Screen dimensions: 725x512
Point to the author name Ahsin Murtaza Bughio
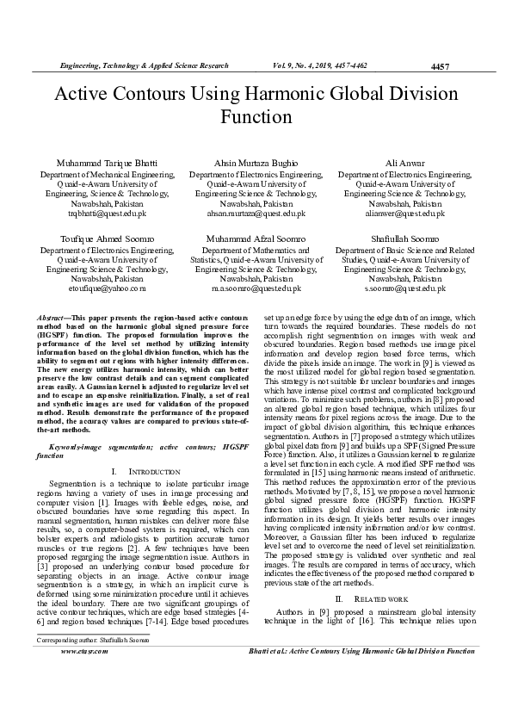(257, 163)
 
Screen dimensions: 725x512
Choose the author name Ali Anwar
(404, 163)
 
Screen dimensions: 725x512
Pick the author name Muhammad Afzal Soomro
(256, 238)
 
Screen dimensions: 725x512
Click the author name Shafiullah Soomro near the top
(404, 238)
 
